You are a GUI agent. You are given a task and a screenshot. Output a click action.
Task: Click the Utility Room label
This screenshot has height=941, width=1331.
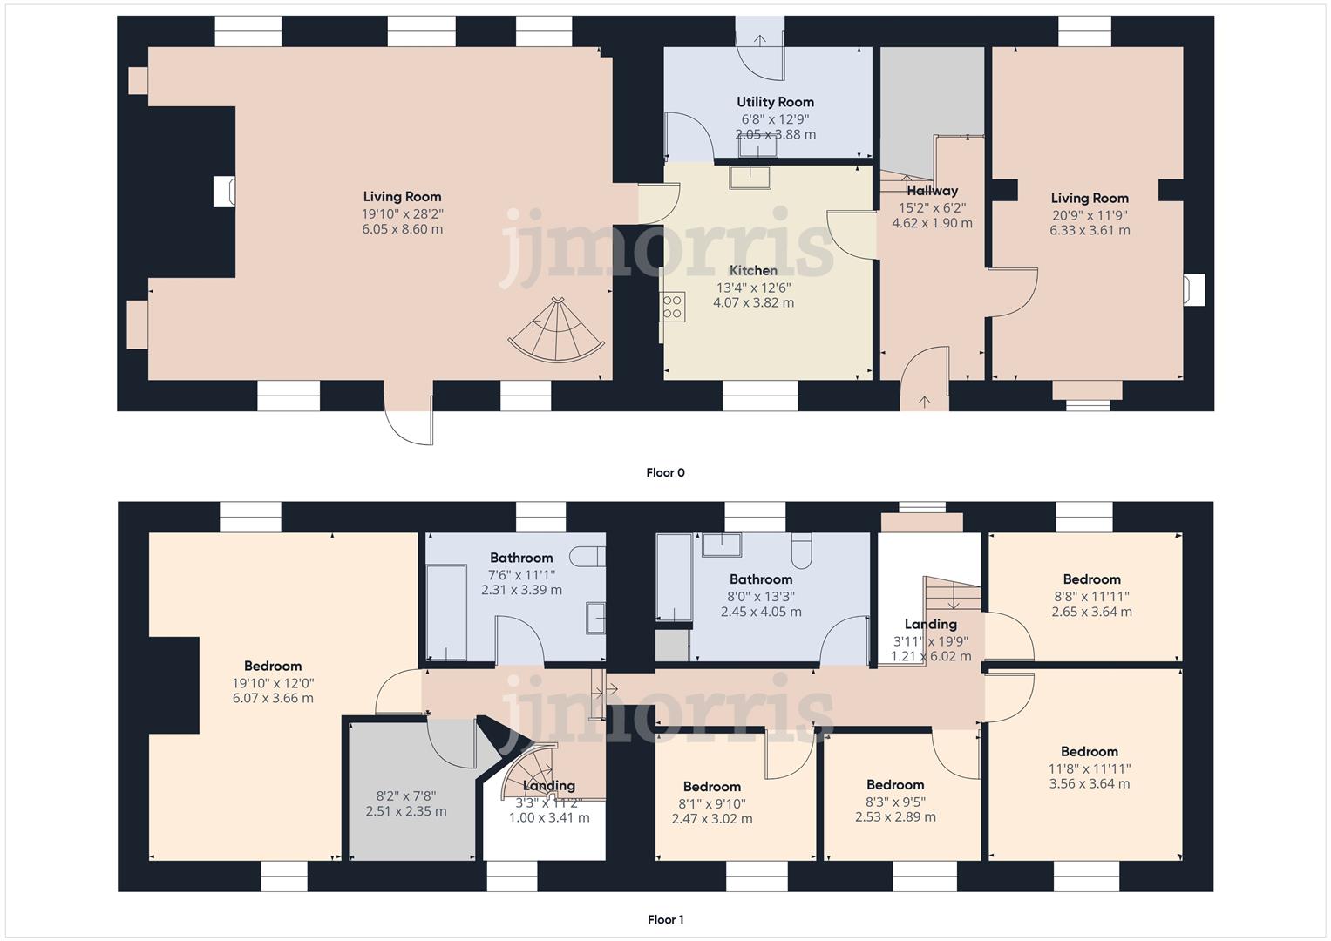775,102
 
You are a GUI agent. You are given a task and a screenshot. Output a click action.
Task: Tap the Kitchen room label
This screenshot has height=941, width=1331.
753,270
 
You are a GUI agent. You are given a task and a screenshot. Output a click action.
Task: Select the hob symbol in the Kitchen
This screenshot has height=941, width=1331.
673,307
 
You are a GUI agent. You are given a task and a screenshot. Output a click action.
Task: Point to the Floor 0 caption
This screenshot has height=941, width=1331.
665,472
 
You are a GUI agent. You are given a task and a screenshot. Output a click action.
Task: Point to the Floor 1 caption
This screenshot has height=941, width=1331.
665,919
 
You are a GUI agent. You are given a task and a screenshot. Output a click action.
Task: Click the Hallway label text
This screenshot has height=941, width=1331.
932,191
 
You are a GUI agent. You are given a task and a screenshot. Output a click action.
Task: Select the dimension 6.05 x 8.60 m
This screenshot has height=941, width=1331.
402,229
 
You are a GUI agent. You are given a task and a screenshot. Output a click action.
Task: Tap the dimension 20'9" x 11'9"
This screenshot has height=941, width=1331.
1090,214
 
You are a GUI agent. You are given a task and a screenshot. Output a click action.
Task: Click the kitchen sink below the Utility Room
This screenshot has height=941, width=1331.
750,177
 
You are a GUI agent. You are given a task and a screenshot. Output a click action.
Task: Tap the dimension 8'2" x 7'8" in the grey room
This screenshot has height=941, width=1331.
405,795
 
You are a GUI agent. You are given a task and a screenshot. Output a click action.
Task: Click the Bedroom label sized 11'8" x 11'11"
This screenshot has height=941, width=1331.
1089,752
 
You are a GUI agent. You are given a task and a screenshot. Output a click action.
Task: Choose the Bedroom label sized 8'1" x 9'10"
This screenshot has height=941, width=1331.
712,787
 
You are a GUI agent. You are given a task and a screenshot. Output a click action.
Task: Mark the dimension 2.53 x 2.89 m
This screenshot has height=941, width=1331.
895,816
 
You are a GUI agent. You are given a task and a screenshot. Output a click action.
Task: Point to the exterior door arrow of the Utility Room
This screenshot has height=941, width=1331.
760,39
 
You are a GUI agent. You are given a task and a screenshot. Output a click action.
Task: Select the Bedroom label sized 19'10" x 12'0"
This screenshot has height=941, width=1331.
273,666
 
